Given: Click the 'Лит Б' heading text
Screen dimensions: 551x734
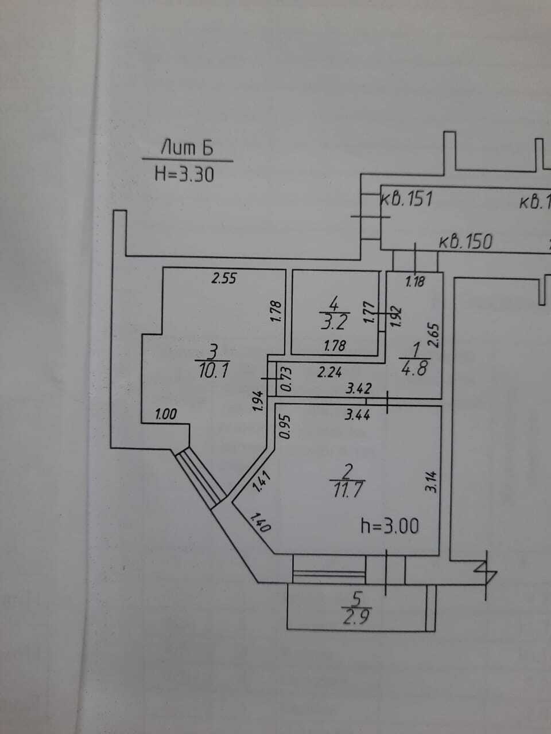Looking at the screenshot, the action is point(187,148).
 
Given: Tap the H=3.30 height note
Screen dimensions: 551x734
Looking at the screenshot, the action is point(184,174).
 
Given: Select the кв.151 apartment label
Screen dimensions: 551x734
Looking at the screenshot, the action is point(407,199).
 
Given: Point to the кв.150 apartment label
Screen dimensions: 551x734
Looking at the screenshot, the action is point(465,241).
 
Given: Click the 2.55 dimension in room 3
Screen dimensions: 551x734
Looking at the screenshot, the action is point(224,278).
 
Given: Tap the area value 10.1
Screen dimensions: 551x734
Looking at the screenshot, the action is point(214,371).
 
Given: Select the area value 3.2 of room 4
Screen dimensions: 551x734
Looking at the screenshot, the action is point(335,323).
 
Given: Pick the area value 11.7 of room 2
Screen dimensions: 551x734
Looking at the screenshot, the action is point(347,490).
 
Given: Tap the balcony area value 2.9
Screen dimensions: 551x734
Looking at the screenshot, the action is point(356,616).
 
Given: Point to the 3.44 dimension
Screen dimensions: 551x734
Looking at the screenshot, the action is point(358,415).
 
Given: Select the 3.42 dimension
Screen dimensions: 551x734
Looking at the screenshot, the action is point(358,388).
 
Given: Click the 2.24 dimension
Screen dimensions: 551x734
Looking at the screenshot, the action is point(329,372).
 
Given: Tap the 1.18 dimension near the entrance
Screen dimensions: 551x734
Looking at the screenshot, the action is point(415,282).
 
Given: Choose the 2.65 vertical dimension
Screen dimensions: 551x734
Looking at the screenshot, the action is point(433,335).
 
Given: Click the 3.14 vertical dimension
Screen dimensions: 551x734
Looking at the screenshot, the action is point(431,482).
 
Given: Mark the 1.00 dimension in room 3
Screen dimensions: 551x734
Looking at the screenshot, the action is point(166,415).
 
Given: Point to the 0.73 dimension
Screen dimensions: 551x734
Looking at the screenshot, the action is point(286,379).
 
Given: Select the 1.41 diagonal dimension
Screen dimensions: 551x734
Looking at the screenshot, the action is point(261,482).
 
